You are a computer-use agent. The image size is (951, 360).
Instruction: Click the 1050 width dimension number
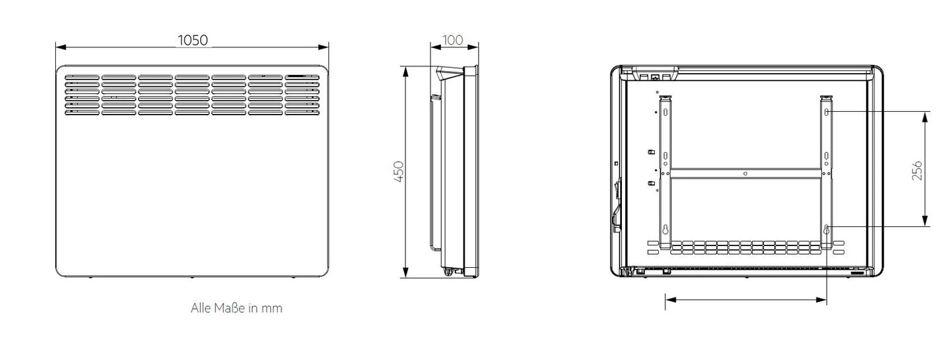pos(193,40)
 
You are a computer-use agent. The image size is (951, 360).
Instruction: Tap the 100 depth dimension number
pos(453,40)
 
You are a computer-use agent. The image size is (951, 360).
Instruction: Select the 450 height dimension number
pos(399,172)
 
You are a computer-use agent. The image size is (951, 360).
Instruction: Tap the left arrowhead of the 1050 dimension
pos(61,47)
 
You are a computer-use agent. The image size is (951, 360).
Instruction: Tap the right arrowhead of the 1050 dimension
pos(324,47)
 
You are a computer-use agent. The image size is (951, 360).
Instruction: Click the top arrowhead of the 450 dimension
pos(406,71)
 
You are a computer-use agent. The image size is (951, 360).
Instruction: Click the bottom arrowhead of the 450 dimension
pos(406,272)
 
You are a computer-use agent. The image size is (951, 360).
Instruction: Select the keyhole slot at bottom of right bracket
pos(827,230)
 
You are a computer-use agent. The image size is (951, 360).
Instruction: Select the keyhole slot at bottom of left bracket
pos(665,230)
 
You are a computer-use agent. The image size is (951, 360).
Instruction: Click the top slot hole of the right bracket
pos(827,112)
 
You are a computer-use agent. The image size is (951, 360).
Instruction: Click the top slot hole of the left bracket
pos(665,112)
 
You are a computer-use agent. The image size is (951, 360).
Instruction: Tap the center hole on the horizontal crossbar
pos(746,173)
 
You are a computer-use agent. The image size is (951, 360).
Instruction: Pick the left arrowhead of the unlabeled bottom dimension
pos(671,300)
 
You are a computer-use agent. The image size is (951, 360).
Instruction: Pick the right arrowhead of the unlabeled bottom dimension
pos(821,300)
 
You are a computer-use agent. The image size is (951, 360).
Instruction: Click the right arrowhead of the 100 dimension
pos(473,47)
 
